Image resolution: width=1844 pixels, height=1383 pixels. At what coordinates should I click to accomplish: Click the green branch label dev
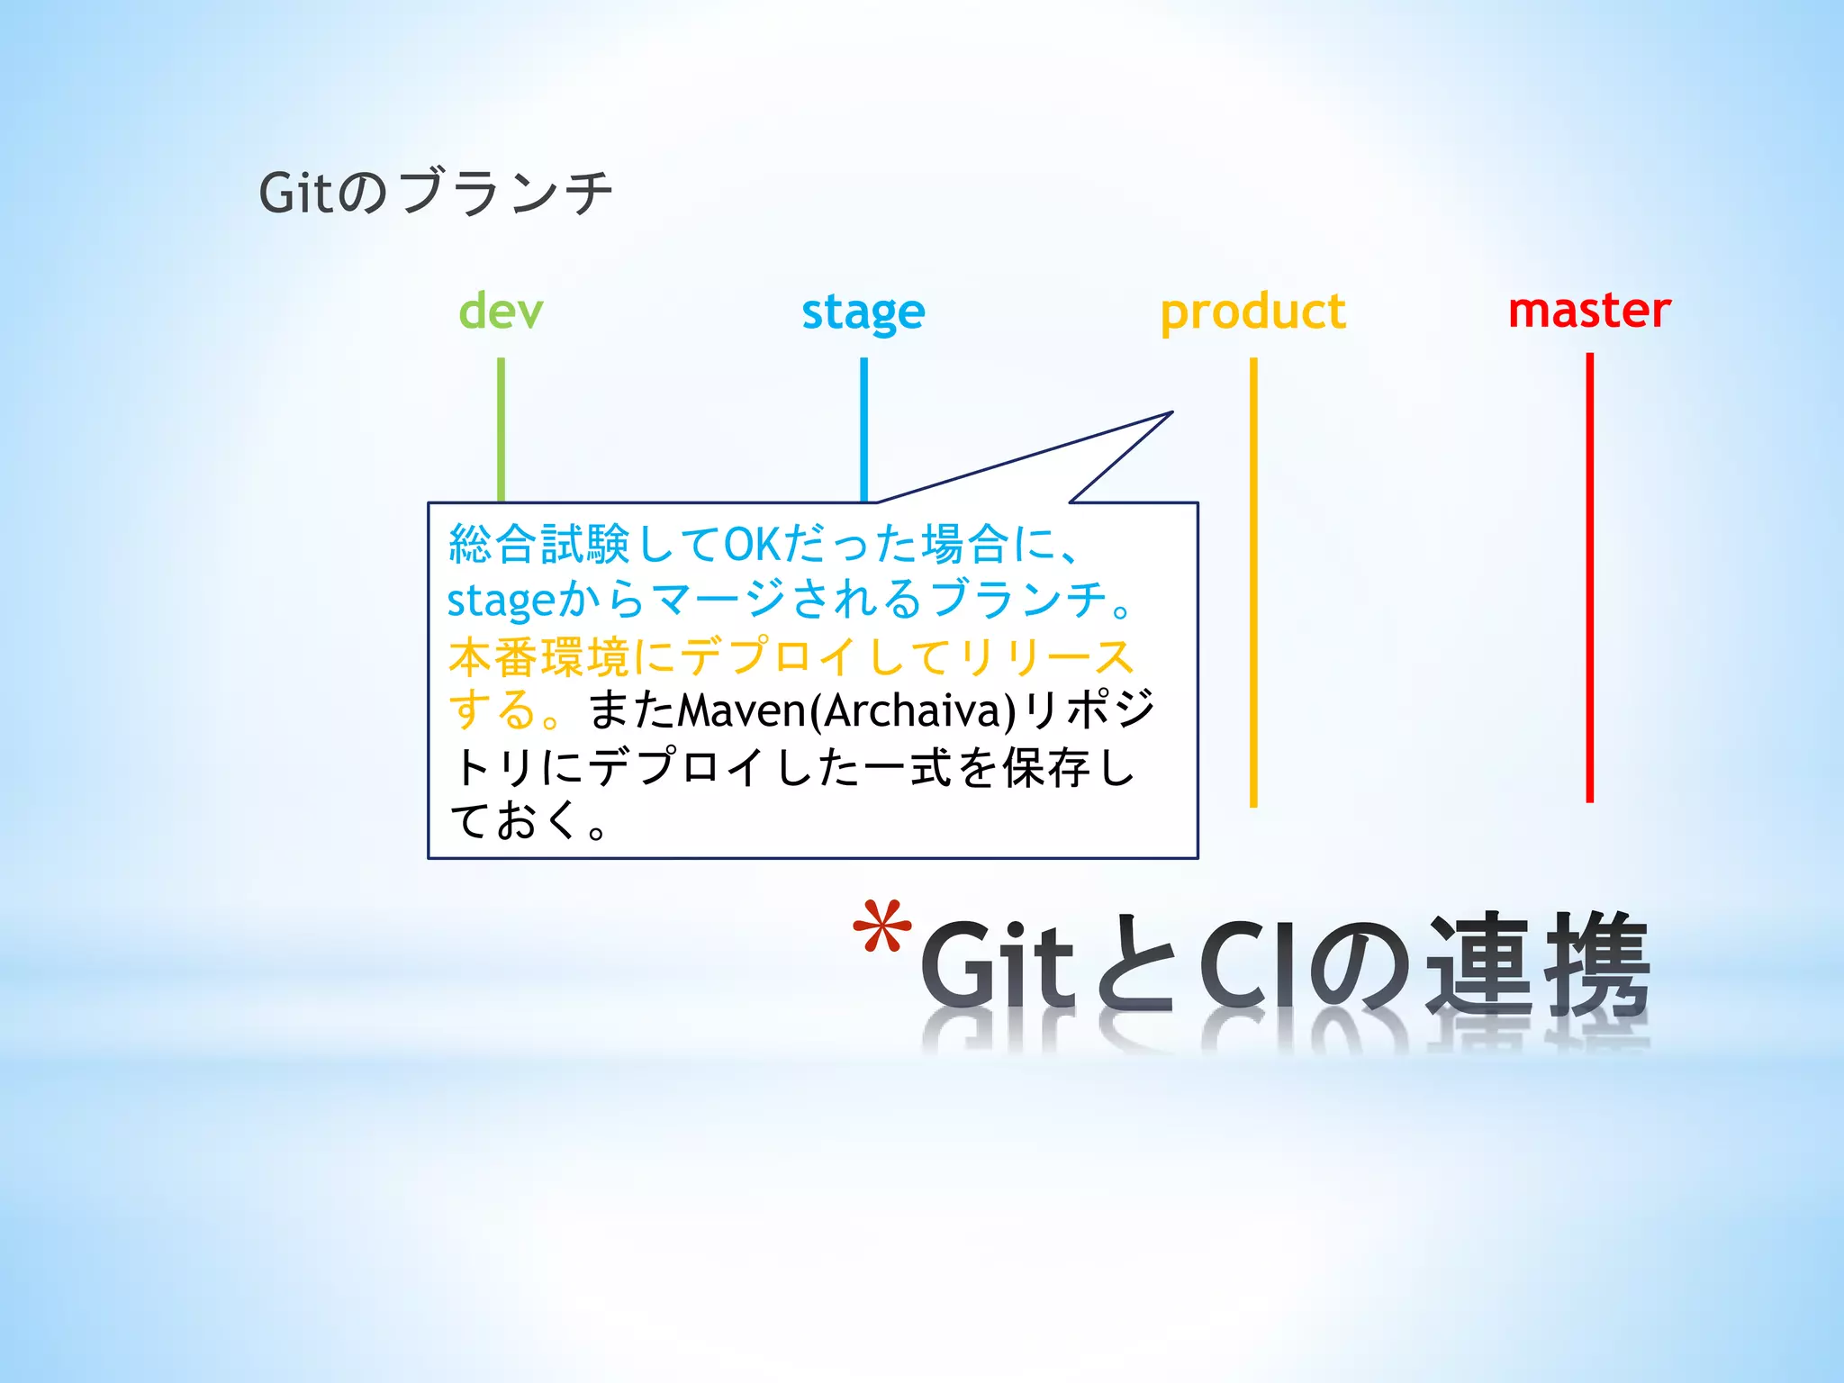[501, 312]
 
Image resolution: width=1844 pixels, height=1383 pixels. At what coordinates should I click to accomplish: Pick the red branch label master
[1589, 311]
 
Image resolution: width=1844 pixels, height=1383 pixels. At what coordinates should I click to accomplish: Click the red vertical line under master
[1589, 576]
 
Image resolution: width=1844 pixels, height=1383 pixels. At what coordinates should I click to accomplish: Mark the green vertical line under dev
[501, 428]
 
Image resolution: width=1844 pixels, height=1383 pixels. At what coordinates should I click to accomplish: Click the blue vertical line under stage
[863, 428]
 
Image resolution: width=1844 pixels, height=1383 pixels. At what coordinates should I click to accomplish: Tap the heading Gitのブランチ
[435, 193]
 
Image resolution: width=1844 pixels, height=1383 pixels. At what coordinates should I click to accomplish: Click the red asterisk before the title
[881, 927]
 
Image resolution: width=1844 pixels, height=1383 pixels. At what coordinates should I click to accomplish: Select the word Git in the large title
[997, 965]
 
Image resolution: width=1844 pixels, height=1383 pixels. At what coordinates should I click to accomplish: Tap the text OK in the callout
[752, 545]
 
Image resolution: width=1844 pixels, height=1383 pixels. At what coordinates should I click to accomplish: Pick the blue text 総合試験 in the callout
[538, 545]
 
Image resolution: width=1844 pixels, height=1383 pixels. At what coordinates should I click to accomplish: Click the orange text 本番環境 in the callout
[538, 657]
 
